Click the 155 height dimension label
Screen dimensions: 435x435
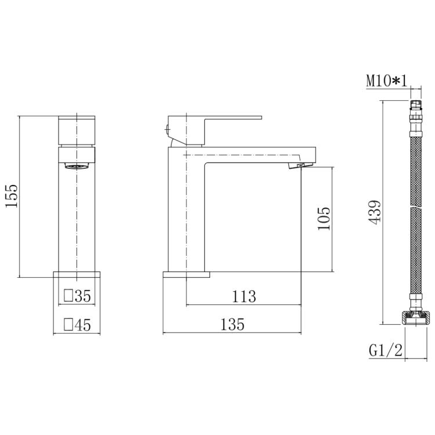pos(12,196)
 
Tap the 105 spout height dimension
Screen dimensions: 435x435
pos(324,219)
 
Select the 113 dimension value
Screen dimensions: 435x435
pos(244,296)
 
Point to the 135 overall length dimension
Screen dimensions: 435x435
pos(231,324)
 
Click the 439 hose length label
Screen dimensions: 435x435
pos(374,212)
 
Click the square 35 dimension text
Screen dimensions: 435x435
pos(77,296)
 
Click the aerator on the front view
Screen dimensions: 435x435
pos(77,166)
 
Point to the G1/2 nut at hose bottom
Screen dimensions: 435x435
pos(416,318)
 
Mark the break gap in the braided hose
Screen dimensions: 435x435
pos(415,206)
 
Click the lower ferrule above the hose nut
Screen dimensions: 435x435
pos(415,302)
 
